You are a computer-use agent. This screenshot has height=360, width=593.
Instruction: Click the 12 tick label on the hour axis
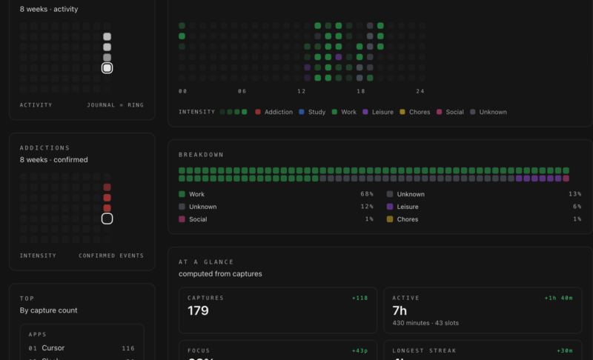(302, 91)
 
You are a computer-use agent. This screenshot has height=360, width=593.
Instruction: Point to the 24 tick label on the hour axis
(420, 91)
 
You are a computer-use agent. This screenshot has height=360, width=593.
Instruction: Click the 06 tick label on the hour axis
(242, 91)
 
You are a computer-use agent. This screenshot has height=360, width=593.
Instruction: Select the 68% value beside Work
(367, 194)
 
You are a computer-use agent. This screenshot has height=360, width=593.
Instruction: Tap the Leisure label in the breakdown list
(408, 207)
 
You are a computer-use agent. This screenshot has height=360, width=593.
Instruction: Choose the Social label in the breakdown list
(198, 219)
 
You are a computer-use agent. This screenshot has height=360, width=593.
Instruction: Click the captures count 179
(198, 311)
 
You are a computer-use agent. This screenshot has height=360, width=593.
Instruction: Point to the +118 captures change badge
(360, 298)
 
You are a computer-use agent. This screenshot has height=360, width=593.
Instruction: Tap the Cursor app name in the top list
(53, 347)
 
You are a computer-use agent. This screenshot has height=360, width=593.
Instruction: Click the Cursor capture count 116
(128, 347)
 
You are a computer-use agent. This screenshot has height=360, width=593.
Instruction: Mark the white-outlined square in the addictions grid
(107, 219)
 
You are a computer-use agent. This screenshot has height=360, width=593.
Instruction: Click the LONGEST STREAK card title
(425, 350)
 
